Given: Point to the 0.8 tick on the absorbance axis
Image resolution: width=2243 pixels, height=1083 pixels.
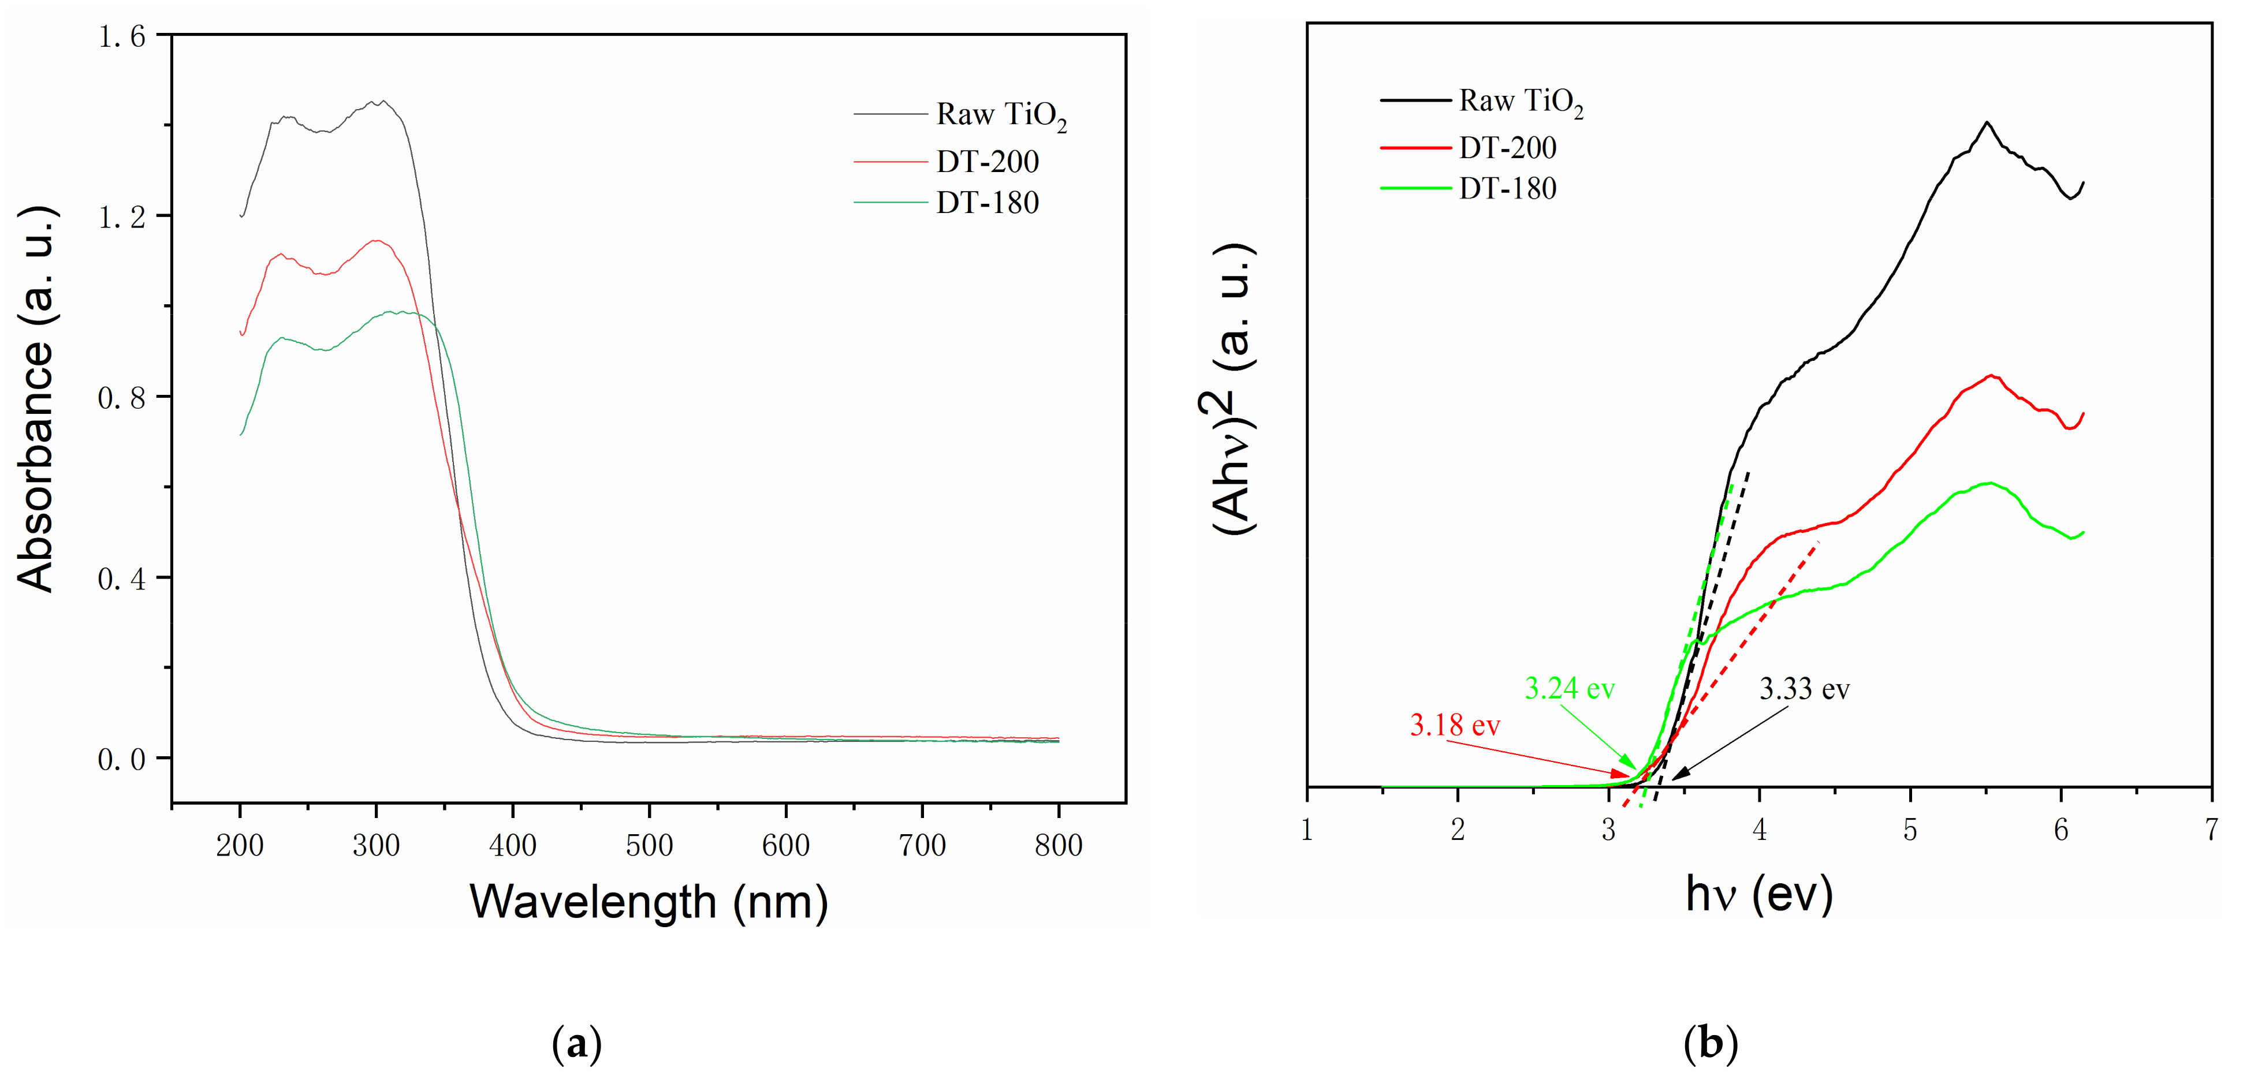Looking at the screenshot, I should pos(121,398).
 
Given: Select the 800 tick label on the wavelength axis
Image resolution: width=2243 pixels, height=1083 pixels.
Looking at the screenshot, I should pos(1058,845).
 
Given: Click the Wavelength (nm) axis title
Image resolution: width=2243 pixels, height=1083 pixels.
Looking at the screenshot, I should pos(649,902).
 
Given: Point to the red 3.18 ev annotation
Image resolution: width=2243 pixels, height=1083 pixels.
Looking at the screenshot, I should pos(1454,725).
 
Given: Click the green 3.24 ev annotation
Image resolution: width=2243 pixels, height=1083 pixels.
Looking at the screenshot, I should pos(1569,689).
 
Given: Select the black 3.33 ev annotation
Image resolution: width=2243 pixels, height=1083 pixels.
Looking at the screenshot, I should pos(1804,689).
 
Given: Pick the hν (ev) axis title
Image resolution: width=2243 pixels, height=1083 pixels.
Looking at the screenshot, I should pos(1759,895).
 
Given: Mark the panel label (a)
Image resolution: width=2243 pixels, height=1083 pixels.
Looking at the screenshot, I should pos(576,1043).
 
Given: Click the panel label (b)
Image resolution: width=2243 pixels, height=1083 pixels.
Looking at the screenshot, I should pos(1710,1043).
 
